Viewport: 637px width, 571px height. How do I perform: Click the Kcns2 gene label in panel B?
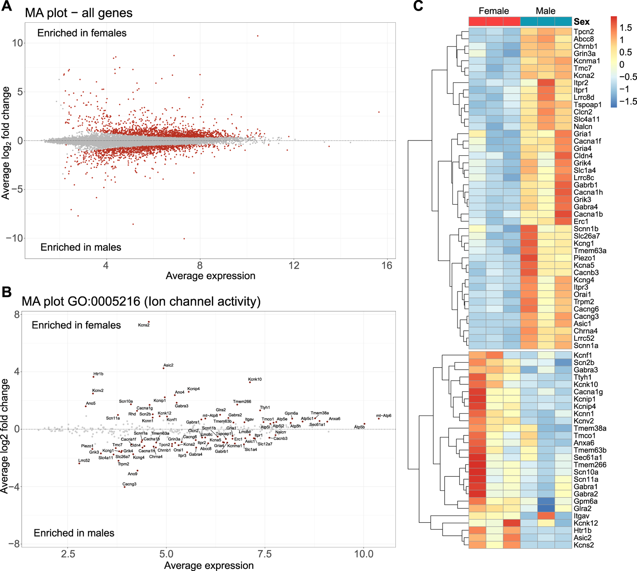pos(144,325)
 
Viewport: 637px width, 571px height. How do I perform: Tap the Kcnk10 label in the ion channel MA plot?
pos(255,379)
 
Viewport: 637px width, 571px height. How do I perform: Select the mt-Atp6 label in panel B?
pos(384,416)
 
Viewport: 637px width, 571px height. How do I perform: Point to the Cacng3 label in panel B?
pos(129,484)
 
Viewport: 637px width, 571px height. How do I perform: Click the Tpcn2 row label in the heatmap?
pos(583,32)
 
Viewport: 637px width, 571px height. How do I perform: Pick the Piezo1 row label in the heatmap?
pos(585,258)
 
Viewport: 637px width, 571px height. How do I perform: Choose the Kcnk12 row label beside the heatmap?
pos(586,523)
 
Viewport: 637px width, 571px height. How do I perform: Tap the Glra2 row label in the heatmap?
pos(582,508)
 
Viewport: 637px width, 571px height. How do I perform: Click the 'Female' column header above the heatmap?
pos(494,11)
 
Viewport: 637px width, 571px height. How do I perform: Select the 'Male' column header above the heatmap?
pos(545,11)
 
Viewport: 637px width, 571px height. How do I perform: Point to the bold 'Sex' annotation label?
pos(582,22)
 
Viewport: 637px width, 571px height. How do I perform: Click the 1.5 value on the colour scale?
pos(626,28)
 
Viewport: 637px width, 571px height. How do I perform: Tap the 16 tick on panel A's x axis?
pos(387,266)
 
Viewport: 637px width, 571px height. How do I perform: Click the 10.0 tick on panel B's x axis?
pos(364,554)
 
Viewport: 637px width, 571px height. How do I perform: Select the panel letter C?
pos(418,6)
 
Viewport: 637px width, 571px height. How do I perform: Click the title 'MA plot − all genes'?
pos(79,13)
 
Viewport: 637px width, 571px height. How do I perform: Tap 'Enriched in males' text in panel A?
pos(81,247)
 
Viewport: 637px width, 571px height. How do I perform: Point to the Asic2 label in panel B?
pos(168,365)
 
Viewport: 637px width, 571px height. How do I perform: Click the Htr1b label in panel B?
pos(98,374)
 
